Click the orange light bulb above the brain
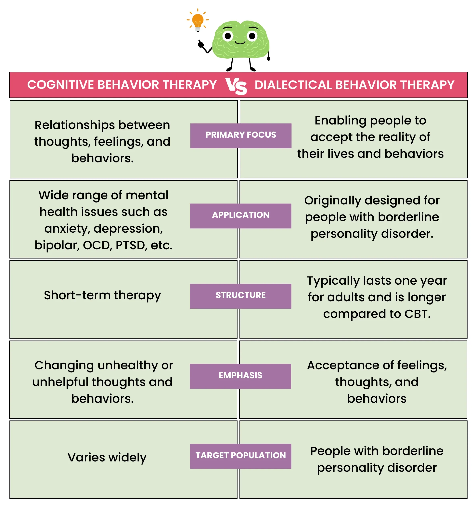click(x=198, y=20)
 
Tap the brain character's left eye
click(x=228, y=36)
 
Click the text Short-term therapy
click(x=102, y=295)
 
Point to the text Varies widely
click(x=107, y=458)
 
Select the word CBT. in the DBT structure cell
click(x=417, y=314)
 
